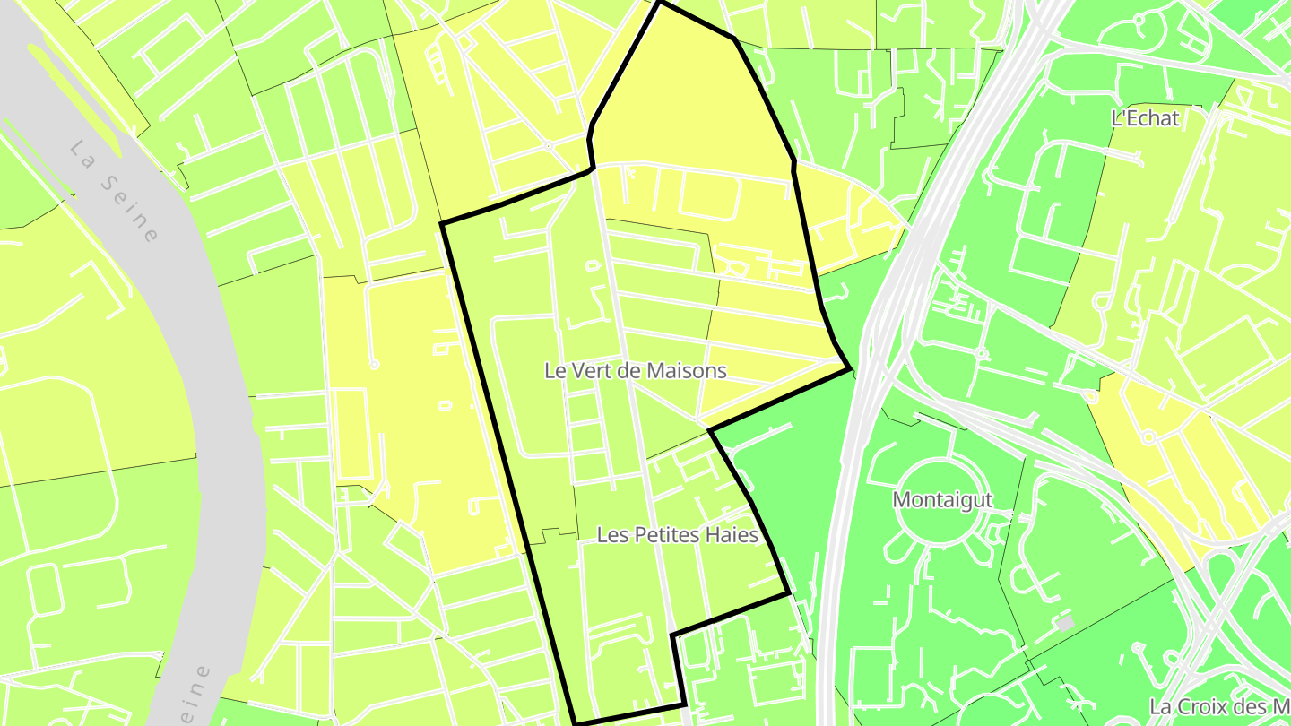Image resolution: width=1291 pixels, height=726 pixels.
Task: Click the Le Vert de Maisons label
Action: [636, 370]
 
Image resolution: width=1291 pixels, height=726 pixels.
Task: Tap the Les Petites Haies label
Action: [678, 535]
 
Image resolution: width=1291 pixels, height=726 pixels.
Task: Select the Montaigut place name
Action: [942, 500]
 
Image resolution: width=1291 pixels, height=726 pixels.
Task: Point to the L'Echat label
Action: [1145, 117]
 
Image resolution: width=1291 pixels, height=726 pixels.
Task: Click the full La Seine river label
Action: [114, 191]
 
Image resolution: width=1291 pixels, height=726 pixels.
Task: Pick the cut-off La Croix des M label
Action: [1219, 706]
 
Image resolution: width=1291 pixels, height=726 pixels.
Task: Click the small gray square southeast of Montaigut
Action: [1065, 622]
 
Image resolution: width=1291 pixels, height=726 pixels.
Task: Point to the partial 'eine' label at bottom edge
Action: [195, 694]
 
